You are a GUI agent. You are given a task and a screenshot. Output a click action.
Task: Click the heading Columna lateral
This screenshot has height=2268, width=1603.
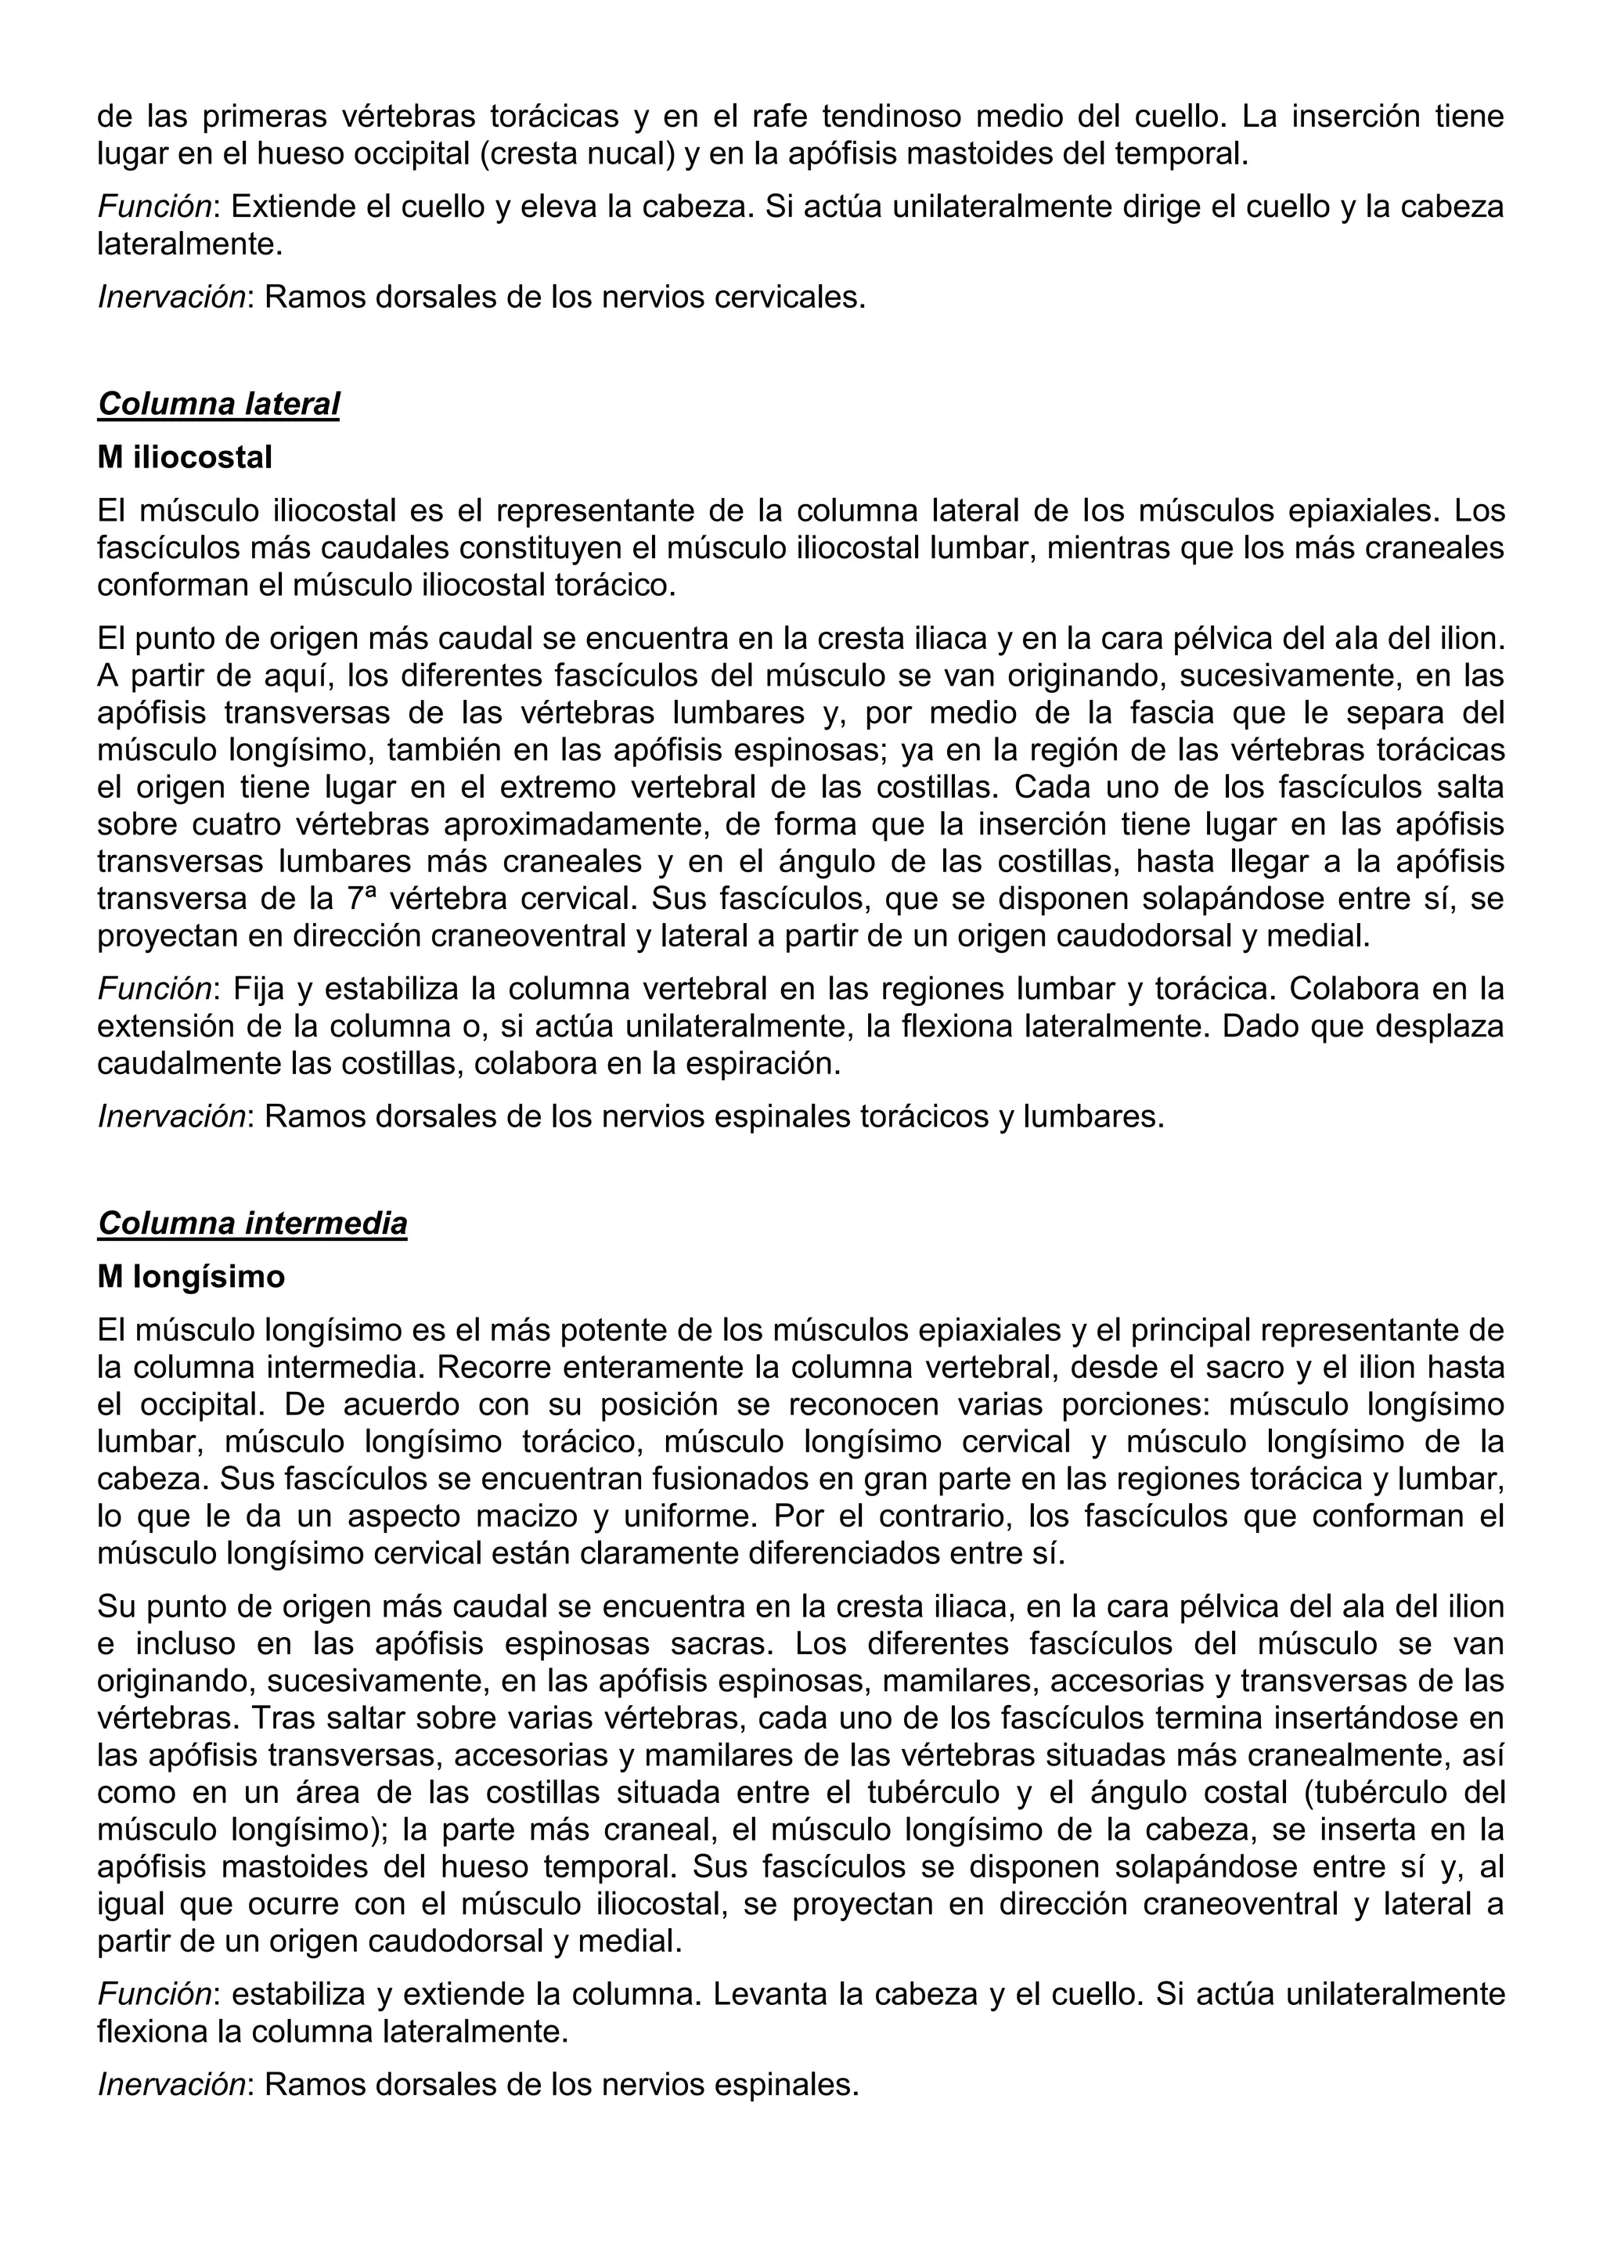[218, 404]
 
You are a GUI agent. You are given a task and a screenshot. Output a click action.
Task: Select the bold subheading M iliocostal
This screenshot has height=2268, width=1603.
[185, 457]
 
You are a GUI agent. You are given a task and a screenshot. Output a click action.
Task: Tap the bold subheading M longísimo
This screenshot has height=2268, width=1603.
[191, 1277]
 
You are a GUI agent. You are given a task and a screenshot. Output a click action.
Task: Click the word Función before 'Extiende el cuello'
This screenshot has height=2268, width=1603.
[155, 207]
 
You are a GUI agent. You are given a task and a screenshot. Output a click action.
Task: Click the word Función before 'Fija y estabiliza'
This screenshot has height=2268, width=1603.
[155, 989]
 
